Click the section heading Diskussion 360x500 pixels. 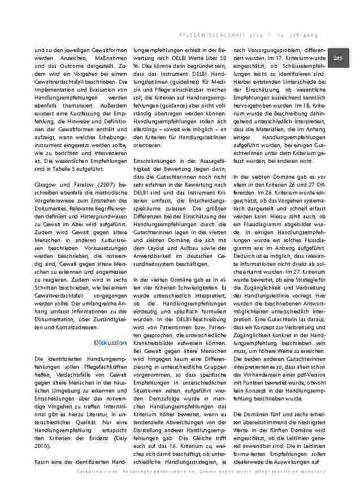pyautogui.click(x=110, y=343)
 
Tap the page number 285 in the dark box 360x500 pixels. pyautogui.click(x=338, y=58)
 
